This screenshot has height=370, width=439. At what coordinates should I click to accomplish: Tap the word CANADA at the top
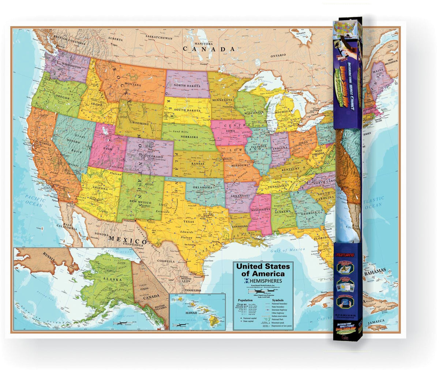[209, 49]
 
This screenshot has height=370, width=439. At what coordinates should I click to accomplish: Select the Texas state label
[188, 222]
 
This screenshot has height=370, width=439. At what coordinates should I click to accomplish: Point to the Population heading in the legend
[245, 299]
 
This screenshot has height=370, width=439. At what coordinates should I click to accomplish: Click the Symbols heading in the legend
[277, 299]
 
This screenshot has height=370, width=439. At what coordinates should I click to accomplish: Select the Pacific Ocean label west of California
[35, 201]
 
